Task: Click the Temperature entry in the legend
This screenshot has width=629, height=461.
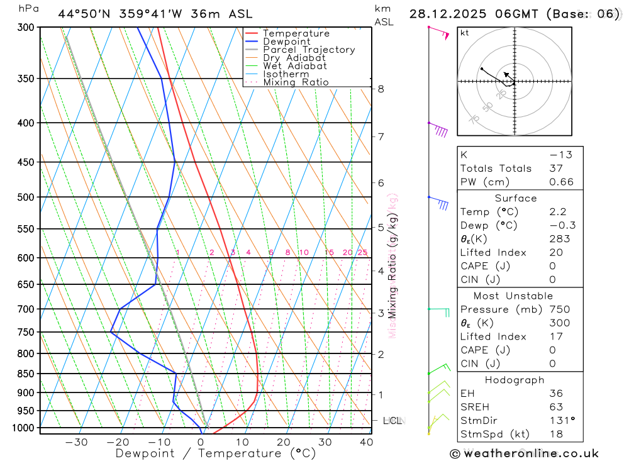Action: pos(296,33)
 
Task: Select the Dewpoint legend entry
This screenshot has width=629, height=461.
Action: pos(286,42)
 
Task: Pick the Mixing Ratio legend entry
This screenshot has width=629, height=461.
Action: pos(296,82)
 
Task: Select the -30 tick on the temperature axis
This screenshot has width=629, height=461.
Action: pos(76,442)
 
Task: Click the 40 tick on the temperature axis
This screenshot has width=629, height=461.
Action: pos(365,442)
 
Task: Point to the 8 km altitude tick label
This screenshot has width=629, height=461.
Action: pos(381,89)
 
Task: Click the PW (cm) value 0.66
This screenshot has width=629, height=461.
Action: pos(561,182)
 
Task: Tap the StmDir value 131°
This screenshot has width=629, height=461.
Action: pos(559,420)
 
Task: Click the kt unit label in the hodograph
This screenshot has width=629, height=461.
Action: pos(465,33)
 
